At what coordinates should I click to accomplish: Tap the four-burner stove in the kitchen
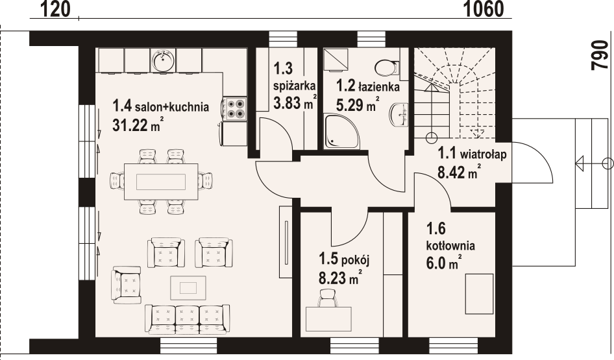[236, 108]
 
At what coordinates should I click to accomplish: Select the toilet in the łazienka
[386, 68]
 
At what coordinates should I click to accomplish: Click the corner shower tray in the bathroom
[341, 132]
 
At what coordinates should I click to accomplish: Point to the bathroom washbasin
[399, 115]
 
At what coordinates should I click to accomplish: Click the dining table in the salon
[161, 182]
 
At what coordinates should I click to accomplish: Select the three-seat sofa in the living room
[187, 318]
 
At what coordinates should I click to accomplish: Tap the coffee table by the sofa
[188, 288]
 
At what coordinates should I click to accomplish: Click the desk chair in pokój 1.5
[328, 298]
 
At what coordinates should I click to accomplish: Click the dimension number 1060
[484, 9]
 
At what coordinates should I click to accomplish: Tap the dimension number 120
[55, 9]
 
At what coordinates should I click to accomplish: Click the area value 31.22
[130, 125]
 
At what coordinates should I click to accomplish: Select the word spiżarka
[295, 86]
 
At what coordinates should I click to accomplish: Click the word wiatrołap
[483, 154]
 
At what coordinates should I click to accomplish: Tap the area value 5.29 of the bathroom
[350, 104]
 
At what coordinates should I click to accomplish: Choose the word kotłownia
[450, 246]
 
